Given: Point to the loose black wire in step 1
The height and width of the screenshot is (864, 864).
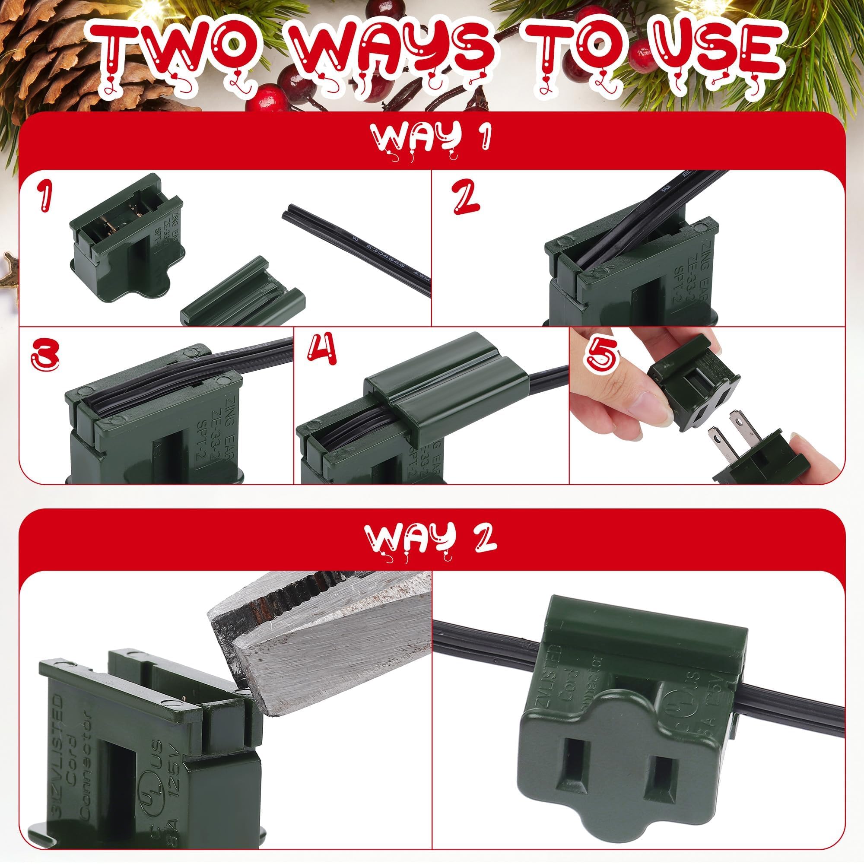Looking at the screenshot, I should click(358, 251).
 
